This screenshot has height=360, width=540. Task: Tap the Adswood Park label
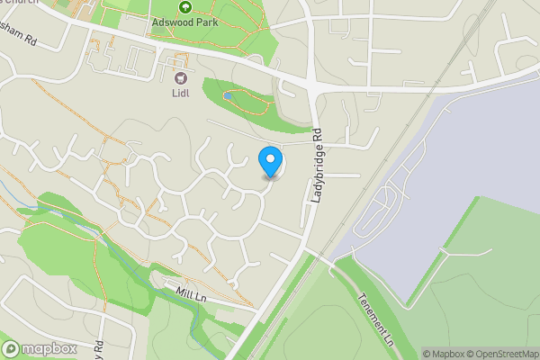184,21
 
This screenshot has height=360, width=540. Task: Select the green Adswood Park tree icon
184,6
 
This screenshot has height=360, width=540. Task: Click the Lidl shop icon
180,78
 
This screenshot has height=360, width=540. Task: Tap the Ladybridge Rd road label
318,165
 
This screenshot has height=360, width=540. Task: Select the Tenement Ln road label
375,321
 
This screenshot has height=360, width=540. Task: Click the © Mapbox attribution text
442,354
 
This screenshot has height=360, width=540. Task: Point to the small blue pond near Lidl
226,94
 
